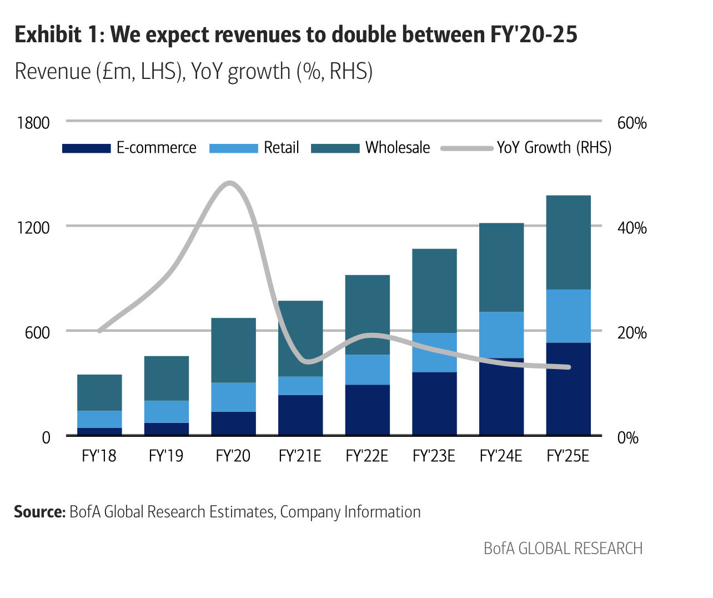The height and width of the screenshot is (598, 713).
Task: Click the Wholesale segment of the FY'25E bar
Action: click(568, 242)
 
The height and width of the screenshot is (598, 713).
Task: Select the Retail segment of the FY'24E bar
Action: click(501, 335)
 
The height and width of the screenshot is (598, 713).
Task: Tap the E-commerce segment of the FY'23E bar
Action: click(434, 403)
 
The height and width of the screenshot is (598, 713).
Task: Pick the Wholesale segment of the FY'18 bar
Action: click(99, 392)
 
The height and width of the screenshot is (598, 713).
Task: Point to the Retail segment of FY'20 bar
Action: click(233, 397)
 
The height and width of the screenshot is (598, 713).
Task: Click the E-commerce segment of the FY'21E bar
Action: click(300, 415)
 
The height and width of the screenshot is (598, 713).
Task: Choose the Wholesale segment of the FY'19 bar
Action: click(166, 378)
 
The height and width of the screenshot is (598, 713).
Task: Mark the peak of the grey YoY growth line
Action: click(230, 183)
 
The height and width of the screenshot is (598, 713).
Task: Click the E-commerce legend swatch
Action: click(86, 148)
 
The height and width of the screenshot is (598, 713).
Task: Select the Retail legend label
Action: click(281, 148)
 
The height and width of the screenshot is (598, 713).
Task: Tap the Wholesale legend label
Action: click(398, 148)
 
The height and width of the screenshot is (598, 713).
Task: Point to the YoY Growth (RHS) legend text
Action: click(554, 148)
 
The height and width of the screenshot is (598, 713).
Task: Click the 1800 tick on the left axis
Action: click(33, 123)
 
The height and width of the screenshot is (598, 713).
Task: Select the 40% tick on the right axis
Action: click(632, 228)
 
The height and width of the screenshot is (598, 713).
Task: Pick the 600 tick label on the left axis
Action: click(37, 333)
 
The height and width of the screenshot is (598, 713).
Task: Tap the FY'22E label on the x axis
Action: click(366, 456)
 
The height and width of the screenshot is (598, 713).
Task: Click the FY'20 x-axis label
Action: click(233, 456)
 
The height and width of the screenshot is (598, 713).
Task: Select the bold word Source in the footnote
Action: click(39, 512)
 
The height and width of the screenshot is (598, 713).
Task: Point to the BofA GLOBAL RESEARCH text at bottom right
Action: click(563, 549)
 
